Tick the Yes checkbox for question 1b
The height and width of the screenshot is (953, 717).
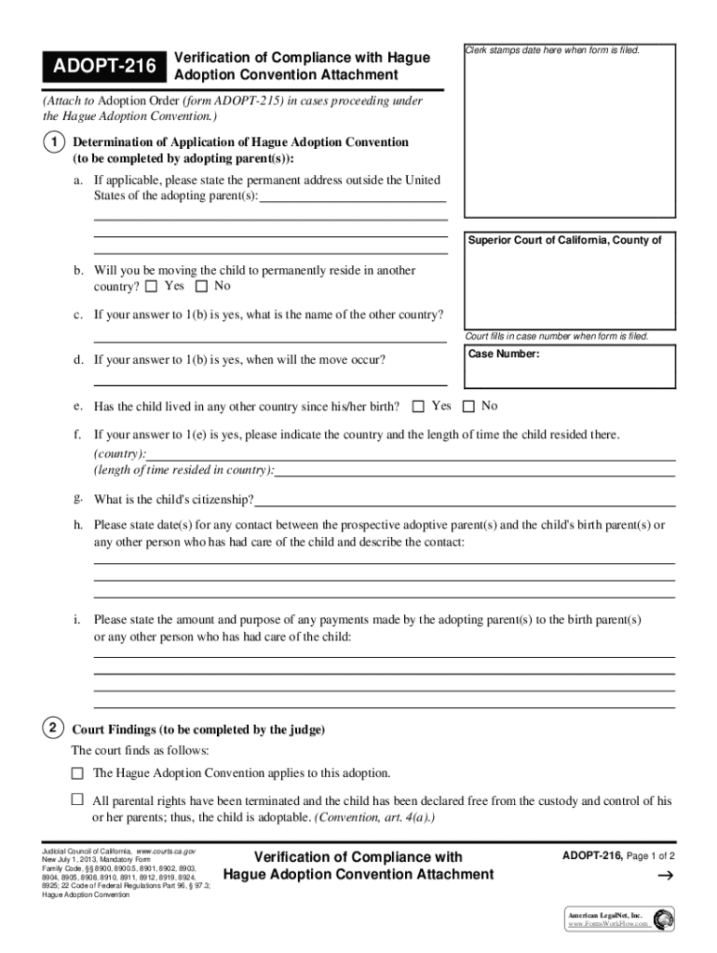tap(152, 287)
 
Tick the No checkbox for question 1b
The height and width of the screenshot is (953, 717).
tap(202, 287)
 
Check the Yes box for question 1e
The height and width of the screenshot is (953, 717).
tap(418, 407)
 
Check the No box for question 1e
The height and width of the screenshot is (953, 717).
tap(468, 407)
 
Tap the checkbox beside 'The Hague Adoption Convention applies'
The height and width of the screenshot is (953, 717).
tap(77, 773)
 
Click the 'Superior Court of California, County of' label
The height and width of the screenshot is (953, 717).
tap(564, 240)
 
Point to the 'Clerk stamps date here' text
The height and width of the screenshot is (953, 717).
tap(553, 49)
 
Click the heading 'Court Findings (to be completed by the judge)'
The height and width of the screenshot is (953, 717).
tap(197, 730)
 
